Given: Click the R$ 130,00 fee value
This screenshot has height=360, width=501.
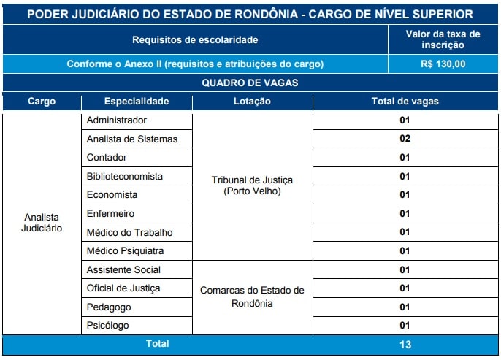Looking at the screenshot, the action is tap(443, 64).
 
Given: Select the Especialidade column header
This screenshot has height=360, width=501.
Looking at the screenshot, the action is tap(137, 102).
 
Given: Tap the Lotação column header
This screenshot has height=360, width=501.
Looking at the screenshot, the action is tap(252, 102).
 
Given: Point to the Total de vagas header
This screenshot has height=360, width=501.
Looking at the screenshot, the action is tap(405, 102).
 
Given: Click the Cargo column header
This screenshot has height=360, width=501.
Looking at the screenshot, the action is tap(42, 102).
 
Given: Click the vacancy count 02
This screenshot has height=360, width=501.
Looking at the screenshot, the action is tap(405, 138).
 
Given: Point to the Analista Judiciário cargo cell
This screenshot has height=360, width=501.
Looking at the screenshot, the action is tap(42, 223).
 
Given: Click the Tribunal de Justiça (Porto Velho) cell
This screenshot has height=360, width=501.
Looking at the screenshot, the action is tap(252, 185).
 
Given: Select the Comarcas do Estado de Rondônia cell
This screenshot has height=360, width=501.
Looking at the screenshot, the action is tap(252, 296).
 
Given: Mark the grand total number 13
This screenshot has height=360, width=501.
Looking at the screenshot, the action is tap(405, 345).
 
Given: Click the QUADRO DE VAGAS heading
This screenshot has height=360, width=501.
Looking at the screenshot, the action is tap(250, 83).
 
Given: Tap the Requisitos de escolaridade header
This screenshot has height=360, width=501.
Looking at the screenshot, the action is tap(195, 40).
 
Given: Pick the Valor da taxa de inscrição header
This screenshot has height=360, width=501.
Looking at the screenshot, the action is tap(443, 39).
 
